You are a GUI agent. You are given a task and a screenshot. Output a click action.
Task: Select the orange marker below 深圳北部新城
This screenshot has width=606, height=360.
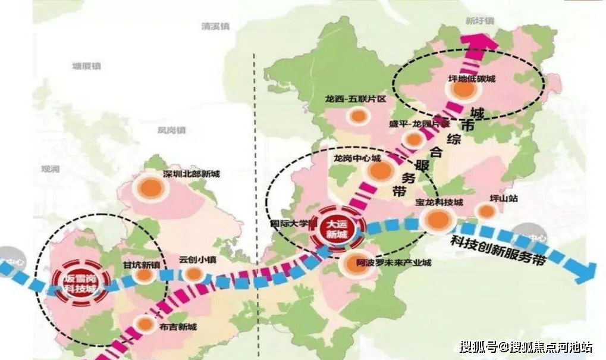tap(152, 189)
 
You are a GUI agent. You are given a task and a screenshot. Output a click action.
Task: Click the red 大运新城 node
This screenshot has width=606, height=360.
tap(335, 228)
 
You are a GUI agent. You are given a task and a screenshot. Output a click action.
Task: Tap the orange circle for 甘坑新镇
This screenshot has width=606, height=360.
tap(143, 276)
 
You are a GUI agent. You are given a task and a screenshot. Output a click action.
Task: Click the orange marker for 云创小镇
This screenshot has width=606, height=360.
tap(193, 274)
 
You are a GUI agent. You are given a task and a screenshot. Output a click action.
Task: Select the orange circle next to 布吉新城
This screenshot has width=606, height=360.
tap(145, 324)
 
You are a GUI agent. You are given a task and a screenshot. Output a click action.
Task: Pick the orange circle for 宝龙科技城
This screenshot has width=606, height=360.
tap(437, 220)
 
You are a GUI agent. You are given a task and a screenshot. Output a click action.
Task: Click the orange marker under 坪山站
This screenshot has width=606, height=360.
tap(486, 211)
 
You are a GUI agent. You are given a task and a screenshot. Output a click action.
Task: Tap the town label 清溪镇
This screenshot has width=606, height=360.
tap(216, 27)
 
